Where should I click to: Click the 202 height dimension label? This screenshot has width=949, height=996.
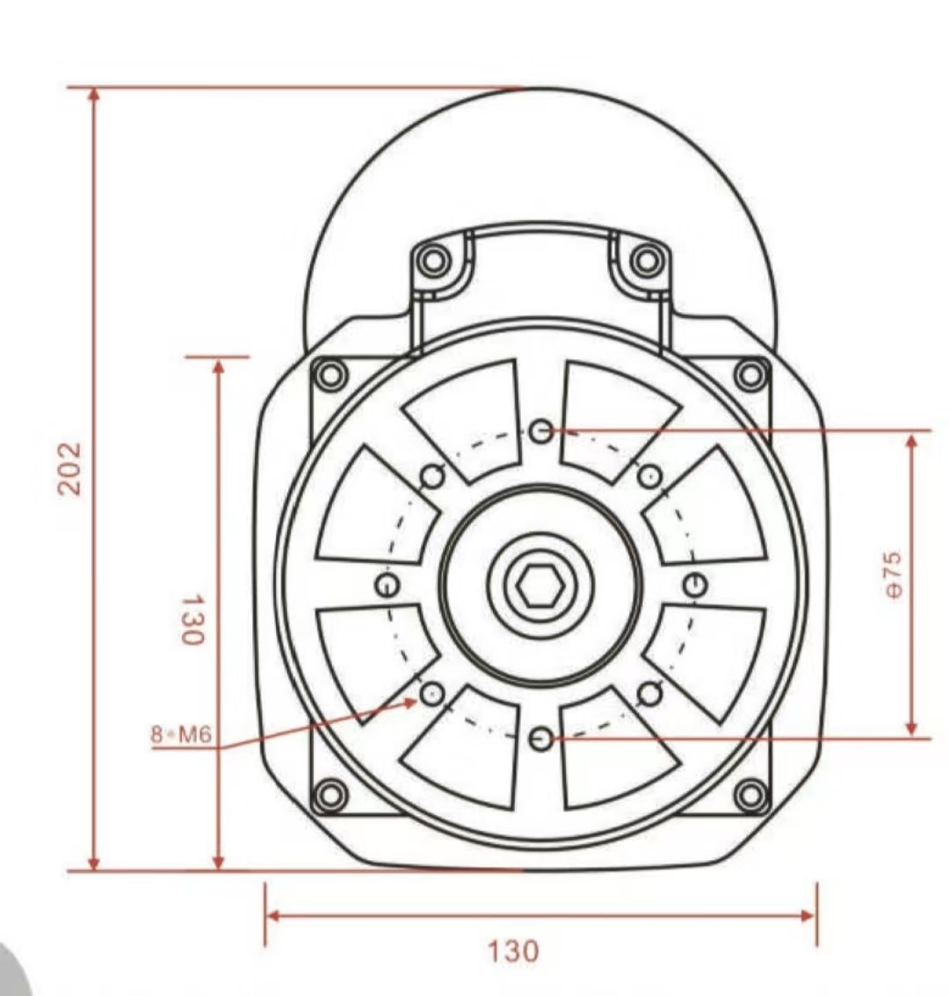pyautogui.click(x=69, y=468)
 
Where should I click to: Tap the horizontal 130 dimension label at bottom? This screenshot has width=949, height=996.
pyautogui.click(x=513, y=951)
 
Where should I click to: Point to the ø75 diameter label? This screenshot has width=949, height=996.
pyautogui.click(x=892, y=576)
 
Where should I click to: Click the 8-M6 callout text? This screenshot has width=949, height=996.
pyautogui.click(x=181, y=733)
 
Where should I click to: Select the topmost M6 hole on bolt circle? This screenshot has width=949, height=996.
pyautogui.click(x=542, y=430)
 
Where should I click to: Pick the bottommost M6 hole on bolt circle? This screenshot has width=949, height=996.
pyautogui.click(x=541, y=740)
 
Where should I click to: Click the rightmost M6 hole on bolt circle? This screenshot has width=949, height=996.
pyautogui.click(x=694, y=583)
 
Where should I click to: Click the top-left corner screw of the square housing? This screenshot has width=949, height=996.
pyautogui.click(x=330, y=375)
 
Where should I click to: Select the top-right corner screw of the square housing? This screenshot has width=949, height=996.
pyautogui.click(x=750, y=375)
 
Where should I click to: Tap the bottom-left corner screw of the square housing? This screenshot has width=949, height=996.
pyautogui.click(x=330, y=796)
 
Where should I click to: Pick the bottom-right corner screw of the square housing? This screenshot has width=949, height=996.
pyautogui.click(x=750, y=796)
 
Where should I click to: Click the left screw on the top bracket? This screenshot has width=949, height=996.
pyautogui.click(x=433, y=260)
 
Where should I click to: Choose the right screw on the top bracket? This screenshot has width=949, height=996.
pyautogui.click(x=646, y=260)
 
